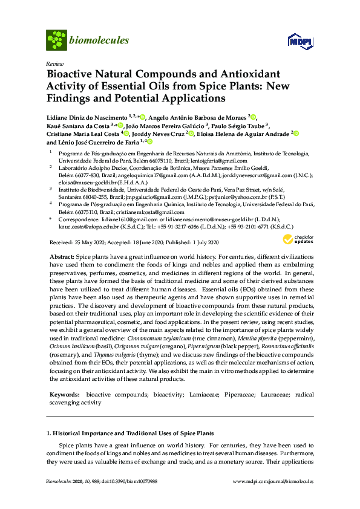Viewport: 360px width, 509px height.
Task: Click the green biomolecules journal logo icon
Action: click(56, 40)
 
